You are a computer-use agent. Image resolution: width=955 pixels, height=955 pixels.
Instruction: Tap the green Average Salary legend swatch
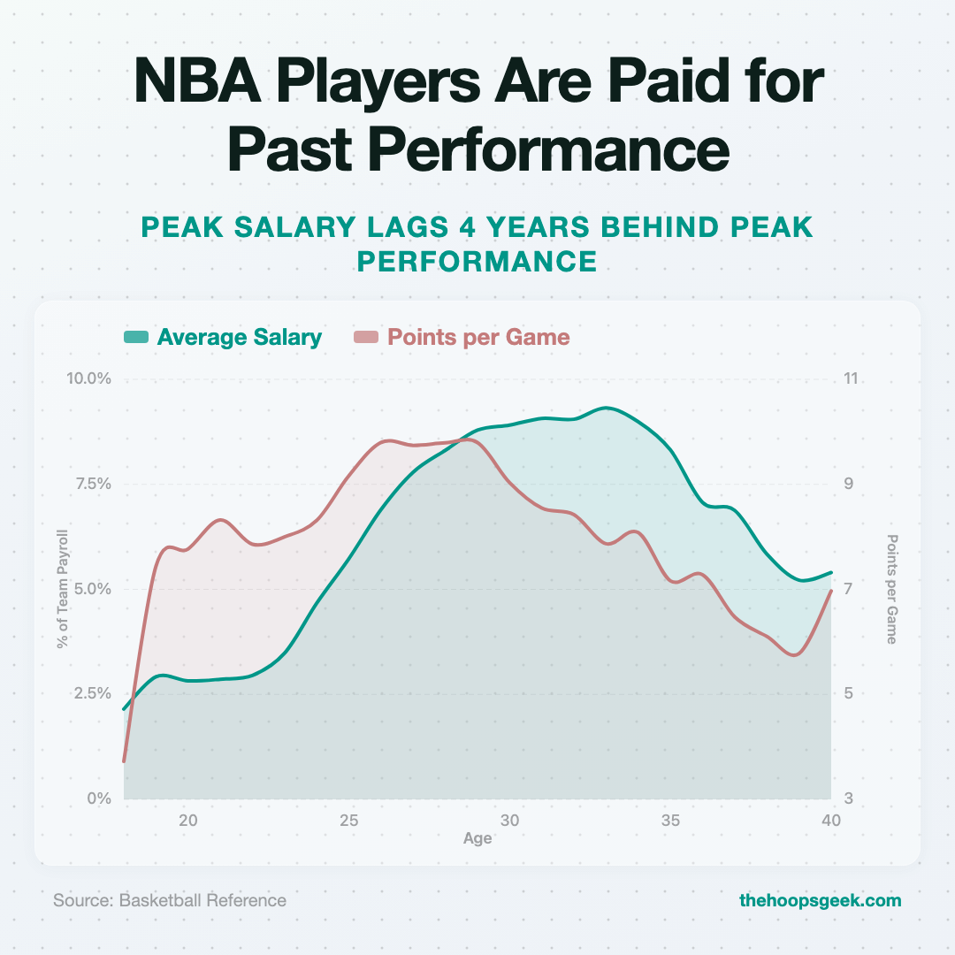pos(135,337)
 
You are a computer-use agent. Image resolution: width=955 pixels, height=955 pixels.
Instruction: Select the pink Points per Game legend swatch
pos(366,337)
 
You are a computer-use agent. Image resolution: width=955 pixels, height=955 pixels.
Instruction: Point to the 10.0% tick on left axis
pos(88,378)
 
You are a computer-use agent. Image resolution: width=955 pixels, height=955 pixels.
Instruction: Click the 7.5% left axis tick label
pos(92,484)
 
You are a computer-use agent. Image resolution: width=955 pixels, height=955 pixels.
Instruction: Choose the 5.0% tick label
pos(92,588)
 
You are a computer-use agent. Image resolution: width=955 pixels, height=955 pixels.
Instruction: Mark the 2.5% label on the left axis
pos(92,693)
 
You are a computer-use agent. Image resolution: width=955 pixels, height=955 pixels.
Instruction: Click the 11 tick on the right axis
pos(852,378)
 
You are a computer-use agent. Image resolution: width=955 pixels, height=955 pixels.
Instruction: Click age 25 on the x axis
pos(349,820)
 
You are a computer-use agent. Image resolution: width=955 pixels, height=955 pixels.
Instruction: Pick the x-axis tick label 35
pos(671,820)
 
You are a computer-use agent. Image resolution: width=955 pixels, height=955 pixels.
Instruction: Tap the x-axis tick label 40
pos(830,820)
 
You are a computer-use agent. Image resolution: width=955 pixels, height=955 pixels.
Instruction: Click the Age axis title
pos(477,838)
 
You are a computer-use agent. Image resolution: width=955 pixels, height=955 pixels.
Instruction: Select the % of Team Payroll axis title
pos(62,589)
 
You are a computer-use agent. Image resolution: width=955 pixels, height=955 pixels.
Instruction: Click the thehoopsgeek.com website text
pos(820,900)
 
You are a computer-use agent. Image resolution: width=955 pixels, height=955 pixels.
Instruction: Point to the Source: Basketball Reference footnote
pos(170,900)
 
